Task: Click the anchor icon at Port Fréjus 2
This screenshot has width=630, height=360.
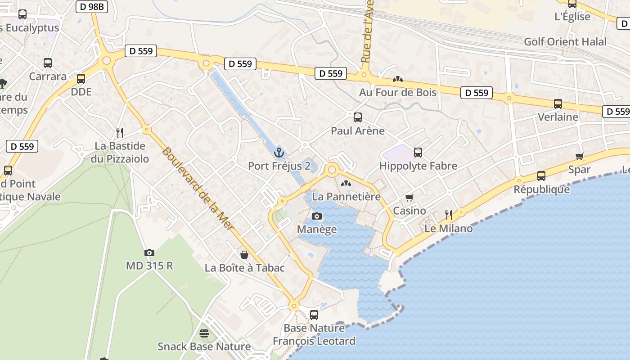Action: click(279, 153)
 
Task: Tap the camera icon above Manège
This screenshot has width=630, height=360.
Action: click(317, 216)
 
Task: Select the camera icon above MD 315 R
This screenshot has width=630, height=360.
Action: click(149, 253)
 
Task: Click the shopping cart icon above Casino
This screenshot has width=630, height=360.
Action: click(409, 198)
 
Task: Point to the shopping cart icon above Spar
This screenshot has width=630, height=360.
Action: click(580, 157)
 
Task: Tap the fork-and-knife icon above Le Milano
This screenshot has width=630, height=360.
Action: click(449, 215)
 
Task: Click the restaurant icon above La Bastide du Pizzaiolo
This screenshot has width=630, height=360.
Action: click(120, 132)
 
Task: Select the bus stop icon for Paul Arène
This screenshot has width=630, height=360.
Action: click(358, 117)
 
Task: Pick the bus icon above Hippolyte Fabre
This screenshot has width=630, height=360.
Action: click(418, 153)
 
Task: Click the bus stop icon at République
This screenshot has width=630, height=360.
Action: click(541, 176)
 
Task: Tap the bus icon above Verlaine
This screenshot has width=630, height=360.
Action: click(558, 104)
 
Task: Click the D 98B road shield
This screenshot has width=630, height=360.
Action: click(92, 7)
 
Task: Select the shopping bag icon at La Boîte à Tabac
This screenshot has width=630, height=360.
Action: click(244, 255)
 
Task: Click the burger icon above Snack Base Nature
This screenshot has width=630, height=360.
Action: click(204, 333)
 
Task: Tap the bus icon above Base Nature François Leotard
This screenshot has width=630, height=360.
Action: click(314, 315)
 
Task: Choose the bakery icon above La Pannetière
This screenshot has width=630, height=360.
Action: click(346, 184)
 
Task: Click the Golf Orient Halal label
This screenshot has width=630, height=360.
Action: click(565, 42)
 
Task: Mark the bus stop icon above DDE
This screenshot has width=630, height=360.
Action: click(81, 79)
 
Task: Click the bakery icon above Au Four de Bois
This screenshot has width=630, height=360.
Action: click(397, 79)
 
